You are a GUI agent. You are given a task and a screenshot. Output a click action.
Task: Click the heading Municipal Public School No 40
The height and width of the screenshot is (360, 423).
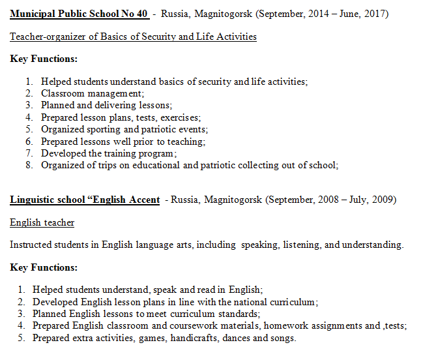79,14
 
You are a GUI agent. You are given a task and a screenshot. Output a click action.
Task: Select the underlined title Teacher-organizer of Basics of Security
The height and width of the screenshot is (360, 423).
133,37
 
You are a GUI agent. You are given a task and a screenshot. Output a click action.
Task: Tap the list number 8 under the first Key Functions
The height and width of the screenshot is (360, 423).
29,165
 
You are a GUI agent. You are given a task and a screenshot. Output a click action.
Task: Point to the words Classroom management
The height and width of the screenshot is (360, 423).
93,93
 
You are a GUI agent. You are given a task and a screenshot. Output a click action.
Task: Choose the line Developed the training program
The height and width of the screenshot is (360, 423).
109,153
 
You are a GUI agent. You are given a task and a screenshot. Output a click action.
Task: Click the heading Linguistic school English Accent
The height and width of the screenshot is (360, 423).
85,200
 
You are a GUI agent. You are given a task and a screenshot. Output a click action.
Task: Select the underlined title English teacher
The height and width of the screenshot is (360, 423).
42,222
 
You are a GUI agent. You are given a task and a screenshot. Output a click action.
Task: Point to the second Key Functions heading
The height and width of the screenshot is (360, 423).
44,267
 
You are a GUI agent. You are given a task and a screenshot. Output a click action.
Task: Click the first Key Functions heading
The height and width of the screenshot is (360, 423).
44,59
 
